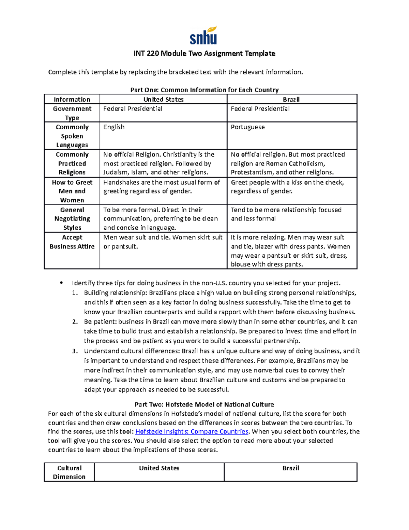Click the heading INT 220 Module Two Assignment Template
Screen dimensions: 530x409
click(x=204, y=54)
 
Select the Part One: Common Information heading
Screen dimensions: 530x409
click(x=204, y=90)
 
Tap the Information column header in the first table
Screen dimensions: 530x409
click(x=72, y=99)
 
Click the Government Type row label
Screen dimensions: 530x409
click(x=72, y=113)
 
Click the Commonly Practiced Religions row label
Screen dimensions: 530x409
click(x=72, y=163)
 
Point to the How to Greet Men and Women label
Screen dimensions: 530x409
click(x=72, y=191)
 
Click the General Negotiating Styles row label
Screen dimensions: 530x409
click(x=72, y=219)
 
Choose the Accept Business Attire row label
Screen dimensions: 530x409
click(x=72, y=242)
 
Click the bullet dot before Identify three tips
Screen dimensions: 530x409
click(x=61, y=283)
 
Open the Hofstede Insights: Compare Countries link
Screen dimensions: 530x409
click(x=192, y=432)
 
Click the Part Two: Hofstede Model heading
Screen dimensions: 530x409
click(x=204, y=404)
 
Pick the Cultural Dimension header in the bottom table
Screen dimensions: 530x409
click(x=69, y=472)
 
